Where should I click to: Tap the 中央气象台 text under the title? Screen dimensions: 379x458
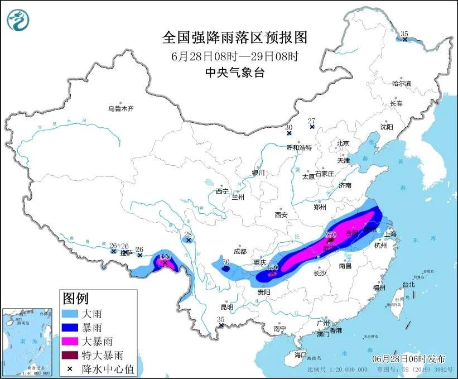(x=234, y=72)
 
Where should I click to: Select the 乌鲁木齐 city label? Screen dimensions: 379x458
(x=121, y=108)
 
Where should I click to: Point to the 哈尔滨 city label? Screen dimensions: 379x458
(x=401, y=83)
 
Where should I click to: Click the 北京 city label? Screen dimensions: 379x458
(x=343, y=143)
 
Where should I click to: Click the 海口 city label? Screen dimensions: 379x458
(x=301, y=354)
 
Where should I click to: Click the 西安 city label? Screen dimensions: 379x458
(x=281, y=215)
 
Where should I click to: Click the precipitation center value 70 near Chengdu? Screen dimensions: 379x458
(x=226, y=261)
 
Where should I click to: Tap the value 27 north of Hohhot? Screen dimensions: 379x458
(x=311, y=121)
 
